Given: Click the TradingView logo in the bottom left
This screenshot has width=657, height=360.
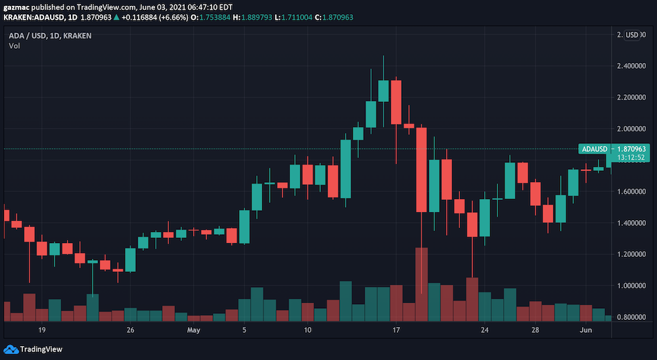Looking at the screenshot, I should click(x=33, y=349).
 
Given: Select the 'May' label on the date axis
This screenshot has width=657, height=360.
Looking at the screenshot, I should click(x=193, y=330).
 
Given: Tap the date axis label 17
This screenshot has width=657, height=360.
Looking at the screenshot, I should click(x=396, y=330).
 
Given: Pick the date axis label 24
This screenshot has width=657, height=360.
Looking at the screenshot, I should click(x=485, y=330).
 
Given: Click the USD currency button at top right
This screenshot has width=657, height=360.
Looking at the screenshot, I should click(x=633, y=35).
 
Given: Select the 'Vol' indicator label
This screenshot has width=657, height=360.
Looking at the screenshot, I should click(x=14, y=45).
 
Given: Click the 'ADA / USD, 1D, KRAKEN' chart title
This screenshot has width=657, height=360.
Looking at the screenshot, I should click(x=50, y=35).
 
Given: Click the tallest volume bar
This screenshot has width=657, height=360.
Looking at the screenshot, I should click(x=421, y=282).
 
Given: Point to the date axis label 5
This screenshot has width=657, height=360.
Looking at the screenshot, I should click(x=244, y=330).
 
